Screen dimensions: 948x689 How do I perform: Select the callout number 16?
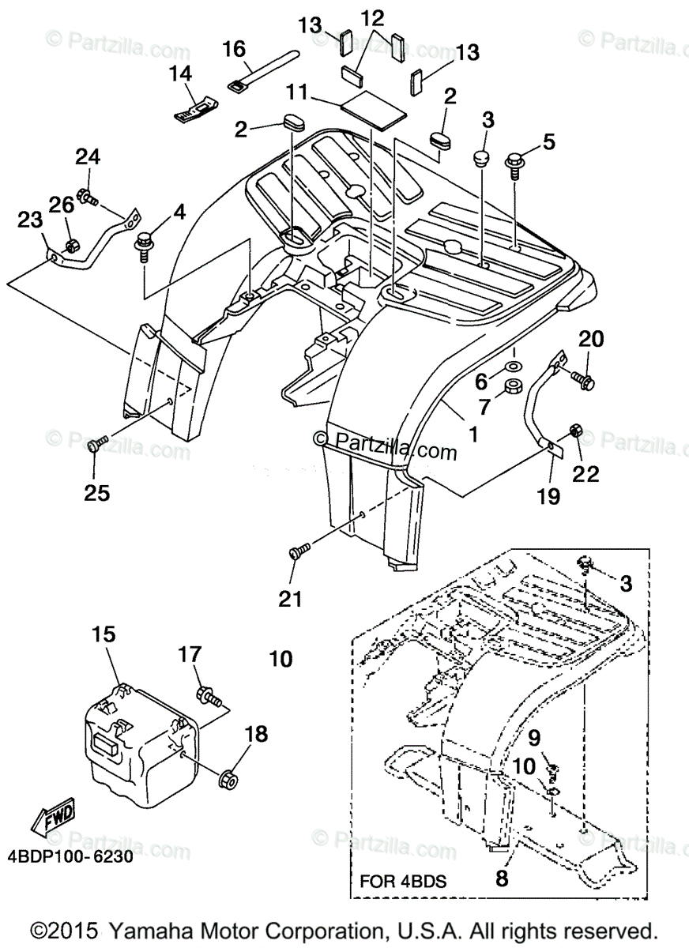(x=234, y=50)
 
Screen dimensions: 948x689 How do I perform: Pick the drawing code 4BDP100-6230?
(x=67, y=855)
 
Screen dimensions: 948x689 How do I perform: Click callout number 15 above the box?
(x=103, y=634)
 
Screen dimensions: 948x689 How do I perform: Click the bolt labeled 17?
(x=207, y=695)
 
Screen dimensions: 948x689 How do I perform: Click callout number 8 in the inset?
(x=502, y=878)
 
